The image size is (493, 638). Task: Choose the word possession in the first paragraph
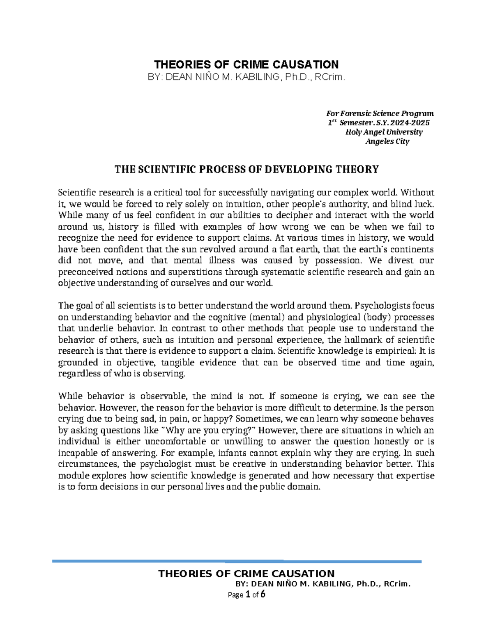(x=339, y=260)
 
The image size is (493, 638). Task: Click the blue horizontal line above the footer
(x=237, y=561)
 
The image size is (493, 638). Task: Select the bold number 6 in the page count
(x=263, y=594)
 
